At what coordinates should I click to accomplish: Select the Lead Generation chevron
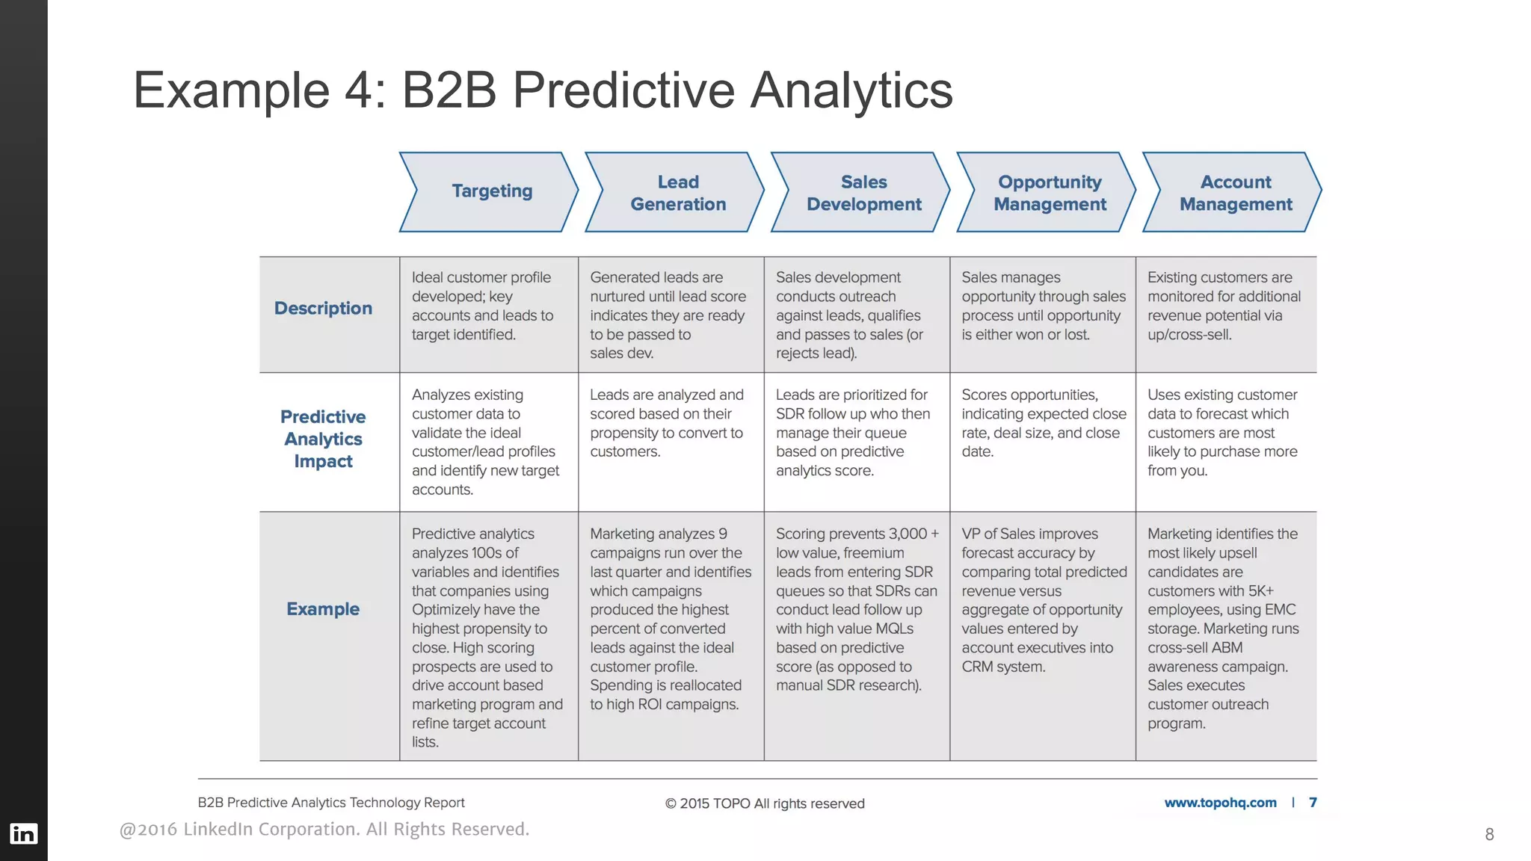pyautogui.click(x=677, y=193)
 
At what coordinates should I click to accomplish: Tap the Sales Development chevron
pyautogui.click(x=863, y=193)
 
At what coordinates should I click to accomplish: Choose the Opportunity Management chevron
pyautogui.click(x=1049, y=193)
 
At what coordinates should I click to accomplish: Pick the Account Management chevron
pyautogui.click(x=1235, y=193)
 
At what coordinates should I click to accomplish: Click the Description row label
pyautogui.click(x=323, y=308)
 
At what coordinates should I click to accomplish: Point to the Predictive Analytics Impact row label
pyautogui.click(x=323, y=439)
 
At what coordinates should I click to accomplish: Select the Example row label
pyautogui.click(x=323, y=609)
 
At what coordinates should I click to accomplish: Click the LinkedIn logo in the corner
pyautogui.click(x=23, y=833)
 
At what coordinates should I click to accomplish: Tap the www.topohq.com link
pyautogui.click(x=1220, y=803)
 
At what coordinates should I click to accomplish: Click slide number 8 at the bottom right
pyautogui.click(x=1489, y=834)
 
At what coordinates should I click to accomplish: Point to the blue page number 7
pyautogui.click(x=1313, y=803)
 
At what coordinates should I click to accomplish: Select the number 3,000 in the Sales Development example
pyautogui.click(x=908, y=534)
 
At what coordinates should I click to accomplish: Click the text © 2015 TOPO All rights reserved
pyautogui.click(x=764, y=803)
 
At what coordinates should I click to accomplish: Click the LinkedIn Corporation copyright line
pyautogui.click(x=324, y=830)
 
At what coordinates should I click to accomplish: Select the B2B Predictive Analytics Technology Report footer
pyautogui.click(x=331, y=803)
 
